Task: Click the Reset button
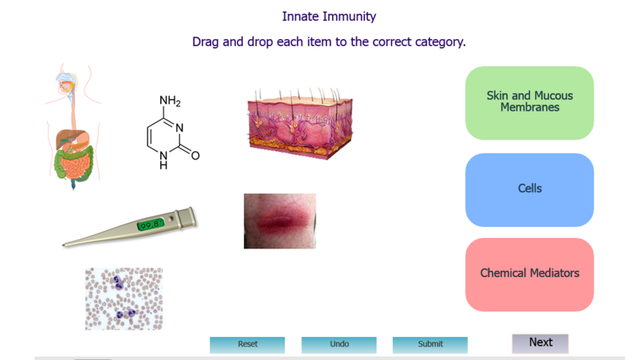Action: pos(247,344)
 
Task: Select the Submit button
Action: pos(430,344)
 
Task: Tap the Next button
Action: pos(540,343)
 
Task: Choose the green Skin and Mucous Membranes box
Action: pos(529,103)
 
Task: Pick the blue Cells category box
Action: pos(529,190)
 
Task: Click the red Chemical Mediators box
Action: pos(529,275)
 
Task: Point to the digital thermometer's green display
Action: pos(151,225)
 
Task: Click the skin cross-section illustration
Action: pos(300,123)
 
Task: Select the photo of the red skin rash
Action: pos(280,221)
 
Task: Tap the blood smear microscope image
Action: pos(124,299)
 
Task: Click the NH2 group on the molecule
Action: pos(170,100)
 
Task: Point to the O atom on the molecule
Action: pos(195,156)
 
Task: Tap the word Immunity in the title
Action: pos(349,17)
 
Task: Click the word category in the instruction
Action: pos(440,42)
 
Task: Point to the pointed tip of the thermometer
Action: pos(63,245)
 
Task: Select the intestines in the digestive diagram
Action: pos(74,165)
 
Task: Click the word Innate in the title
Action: pos(300,17)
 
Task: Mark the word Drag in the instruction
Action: pos(206,42)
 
